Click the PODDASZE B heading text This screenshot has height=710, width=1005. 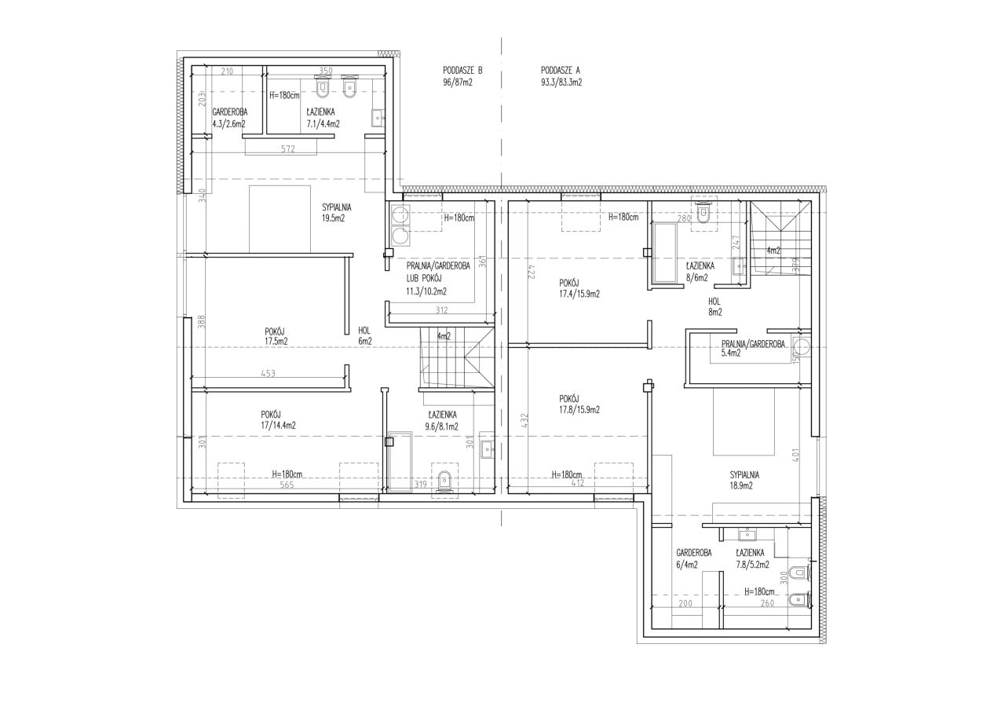[462, 71]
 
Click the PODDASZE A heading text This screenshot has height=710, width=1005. [561, 71]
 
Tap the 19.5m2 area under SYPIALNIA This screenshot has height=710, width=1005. [333, 219]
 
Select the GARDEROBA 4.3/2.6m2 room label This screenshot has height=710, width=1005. [229, 118]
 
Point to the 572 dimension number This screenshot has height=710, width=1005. [288, 149]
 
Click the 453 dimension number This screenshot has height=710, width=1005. [268, 373]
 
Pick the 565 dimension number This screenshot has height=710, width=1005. [287, 485]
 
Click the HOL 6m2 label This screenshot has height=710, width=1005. [365, 336]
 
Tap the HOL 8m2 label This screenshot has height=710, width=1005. [715, 307]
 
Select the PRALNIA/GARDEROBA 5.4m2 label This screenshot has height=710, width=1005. [753, 349]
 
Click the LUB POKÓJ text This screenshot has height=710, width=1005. [423, 279]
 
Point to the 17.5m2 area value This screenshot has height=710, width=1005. [276, 342]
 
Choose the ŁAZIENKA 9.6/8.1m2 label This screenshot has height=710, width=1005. [442, 421]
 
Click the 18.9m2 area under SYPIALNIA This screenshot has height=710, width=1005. [740, 485]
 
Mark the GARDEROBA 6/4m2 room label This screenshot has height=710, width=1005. [693, 558]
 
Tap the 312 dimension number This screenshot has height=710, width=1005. [442, 310]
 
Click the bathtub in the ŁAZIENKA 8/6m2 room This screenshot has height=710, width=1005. [664, 253]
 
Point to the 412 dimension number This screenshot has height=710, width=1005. [578, 483]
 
